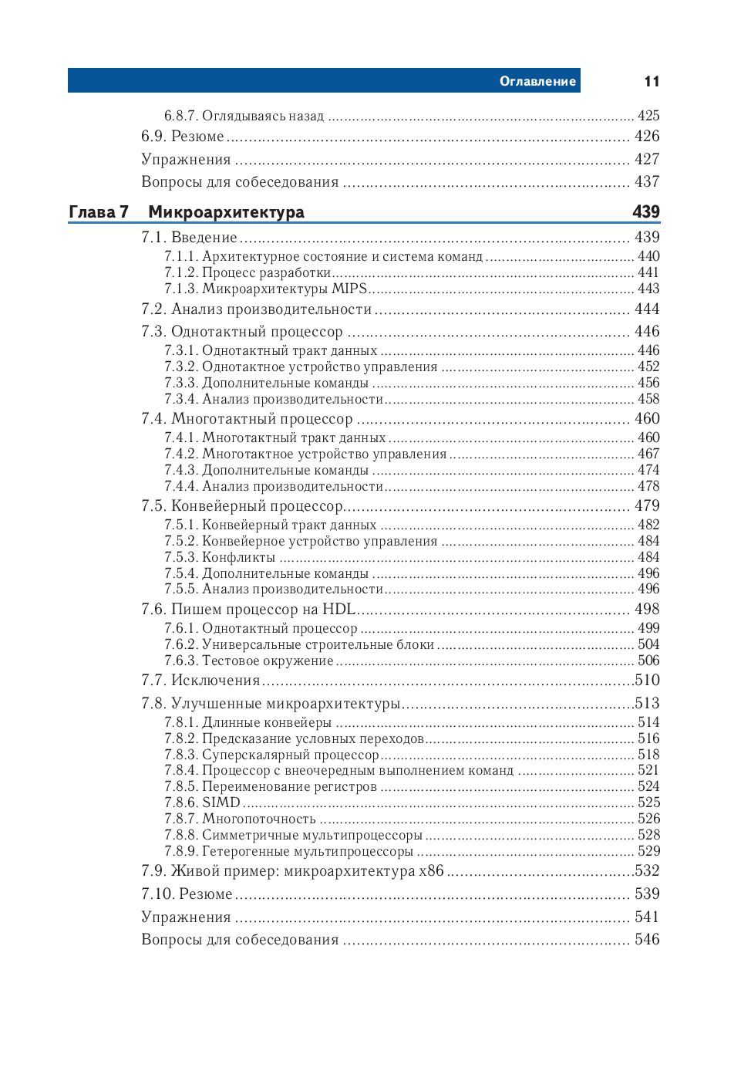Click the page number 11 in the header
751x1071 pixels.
pos(652,81)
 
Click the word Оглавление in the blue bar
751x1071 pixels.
pos(537,81)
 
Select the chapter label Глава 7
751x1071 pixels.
pos(98,212)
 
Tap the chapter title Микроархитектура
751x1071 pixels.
pos(226,212)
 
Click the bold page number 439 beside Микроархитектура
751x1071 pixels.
pos(646,212)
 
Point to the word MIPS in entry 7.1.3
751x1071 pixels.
pos(349,289)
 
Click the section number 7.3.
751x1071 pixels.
pos(153,332)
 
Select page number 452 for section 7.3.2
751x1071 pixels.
pos(648,367)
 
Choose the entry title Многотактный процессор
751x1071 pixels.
pos(261,419)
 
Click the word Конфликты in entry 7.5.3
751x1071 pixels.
pos(238,557)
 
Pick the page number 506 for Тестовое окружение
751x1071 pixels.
pos(648,661)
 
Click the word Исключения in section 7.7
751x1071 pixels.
pos(215,681)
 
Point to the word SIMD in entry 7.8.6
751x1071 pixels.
pos(221,802)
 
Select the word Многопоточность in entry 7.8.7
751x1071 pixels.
pos(259,819)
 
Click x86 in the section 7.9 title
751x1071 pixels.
pos(431,871)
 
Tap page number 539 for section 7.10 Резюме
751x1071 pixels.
pos(647,894)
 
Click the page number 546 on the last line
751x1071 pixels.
pos(647,940)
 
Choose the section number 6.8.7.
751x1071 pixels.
pos(181,117)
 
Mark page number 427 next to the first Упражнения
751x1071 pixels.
pos(647,160)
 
